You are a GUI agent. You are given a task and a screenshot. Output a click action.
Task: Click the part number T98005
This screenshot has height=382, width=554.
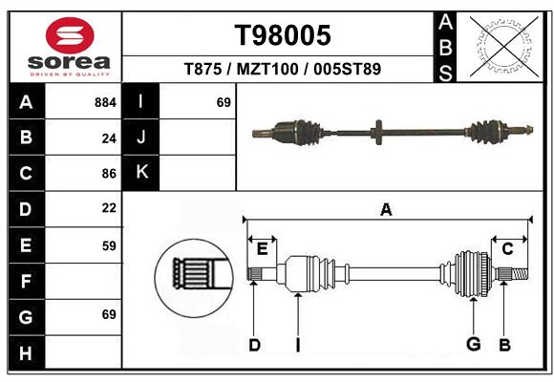pos(283,36)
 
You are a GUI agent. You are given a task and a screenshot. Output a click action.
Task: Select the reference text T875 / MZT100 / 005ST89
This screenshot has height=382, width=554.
pos(283,69)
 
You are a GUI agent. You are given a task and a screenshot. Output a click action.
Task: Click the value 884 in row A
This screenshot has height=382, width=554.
pos(105,101)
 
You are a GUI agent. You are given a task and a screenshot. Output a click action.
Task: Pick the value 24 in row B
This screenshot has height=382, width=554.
pos(109,138)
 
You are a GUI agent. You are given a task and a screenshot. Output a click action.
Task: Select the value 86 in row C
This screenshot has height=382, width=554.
pos(109,174)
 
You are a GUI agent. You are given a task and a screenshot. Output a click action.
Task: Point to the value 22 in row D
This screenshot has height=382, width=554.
pos(109,208)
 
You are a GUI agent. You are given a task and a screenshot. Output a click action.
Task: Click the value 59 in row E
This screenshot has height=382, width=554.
pos(109,245)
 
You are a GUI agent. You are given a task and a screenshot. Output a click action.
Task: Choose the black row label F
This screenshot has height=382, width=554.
pos(27,282)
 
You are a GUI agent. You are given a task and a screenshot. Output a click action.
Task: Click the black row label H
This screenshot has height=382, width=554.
pos(27,354)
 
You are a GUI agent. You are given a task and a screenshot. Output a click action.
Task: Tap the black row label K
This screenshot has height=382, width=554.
pos(141,172)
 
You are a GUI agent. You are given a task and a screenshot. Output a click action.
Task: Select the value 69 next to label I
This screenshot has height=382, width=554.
pos(224,101)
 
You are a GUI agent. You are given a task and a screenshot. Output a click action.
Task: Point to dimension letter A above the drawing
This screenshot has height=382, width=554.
pos(386,209)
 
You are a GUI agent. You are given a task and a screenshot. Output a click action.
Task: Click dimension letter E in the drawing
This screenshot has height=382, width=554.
pos(262,249)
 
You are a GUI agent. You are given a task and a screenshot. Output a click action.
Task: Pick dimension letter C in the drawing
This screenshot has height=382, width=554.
pos(508,249)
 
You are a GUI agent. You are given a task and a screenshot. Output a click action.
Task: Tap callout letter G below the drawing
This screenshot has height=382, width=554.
pos(472,345)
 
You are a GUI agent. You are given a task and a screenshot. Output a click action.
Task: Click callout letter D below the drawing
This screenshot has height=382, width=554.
pos(254,345)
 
